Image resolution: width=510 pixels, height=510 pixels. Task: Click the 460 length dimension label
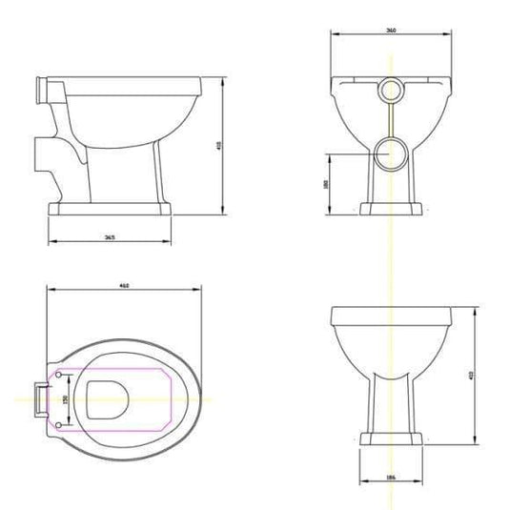pos(125,284)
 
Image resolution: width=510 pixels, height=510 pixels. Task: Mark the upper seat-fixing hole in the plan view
pos(59,370)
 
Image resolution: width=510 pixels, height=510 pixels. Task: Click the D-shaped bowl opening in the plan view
pos(104,398)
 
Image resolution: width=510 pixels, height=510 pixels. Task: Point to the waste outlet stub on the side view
pos(41,153)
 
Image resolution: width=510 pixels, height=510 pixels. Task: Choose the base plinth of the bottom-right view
pos(392,439)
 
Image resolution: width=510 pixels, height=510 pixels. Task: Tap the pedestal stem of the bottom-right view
pos(392,400)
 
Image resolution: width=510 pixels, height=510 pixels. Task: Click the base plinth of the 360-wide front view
pos(392,209)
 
